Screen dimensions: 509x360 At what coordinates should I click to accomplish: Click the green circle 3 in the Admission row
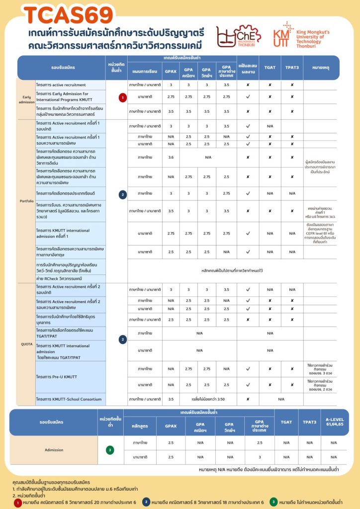point(110,450)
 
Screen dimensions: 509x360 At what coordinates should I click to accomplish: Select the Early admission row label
point(26,99)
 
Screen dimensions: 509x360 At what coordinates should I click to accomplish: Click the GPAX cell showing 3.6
point(171,157)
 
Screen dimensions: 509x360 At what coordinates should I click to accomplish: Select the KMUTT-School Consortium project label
point(70,399)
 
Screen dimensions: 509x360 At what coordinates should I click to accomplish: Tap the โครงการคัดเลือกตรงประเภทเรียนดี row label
point(66,193)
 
